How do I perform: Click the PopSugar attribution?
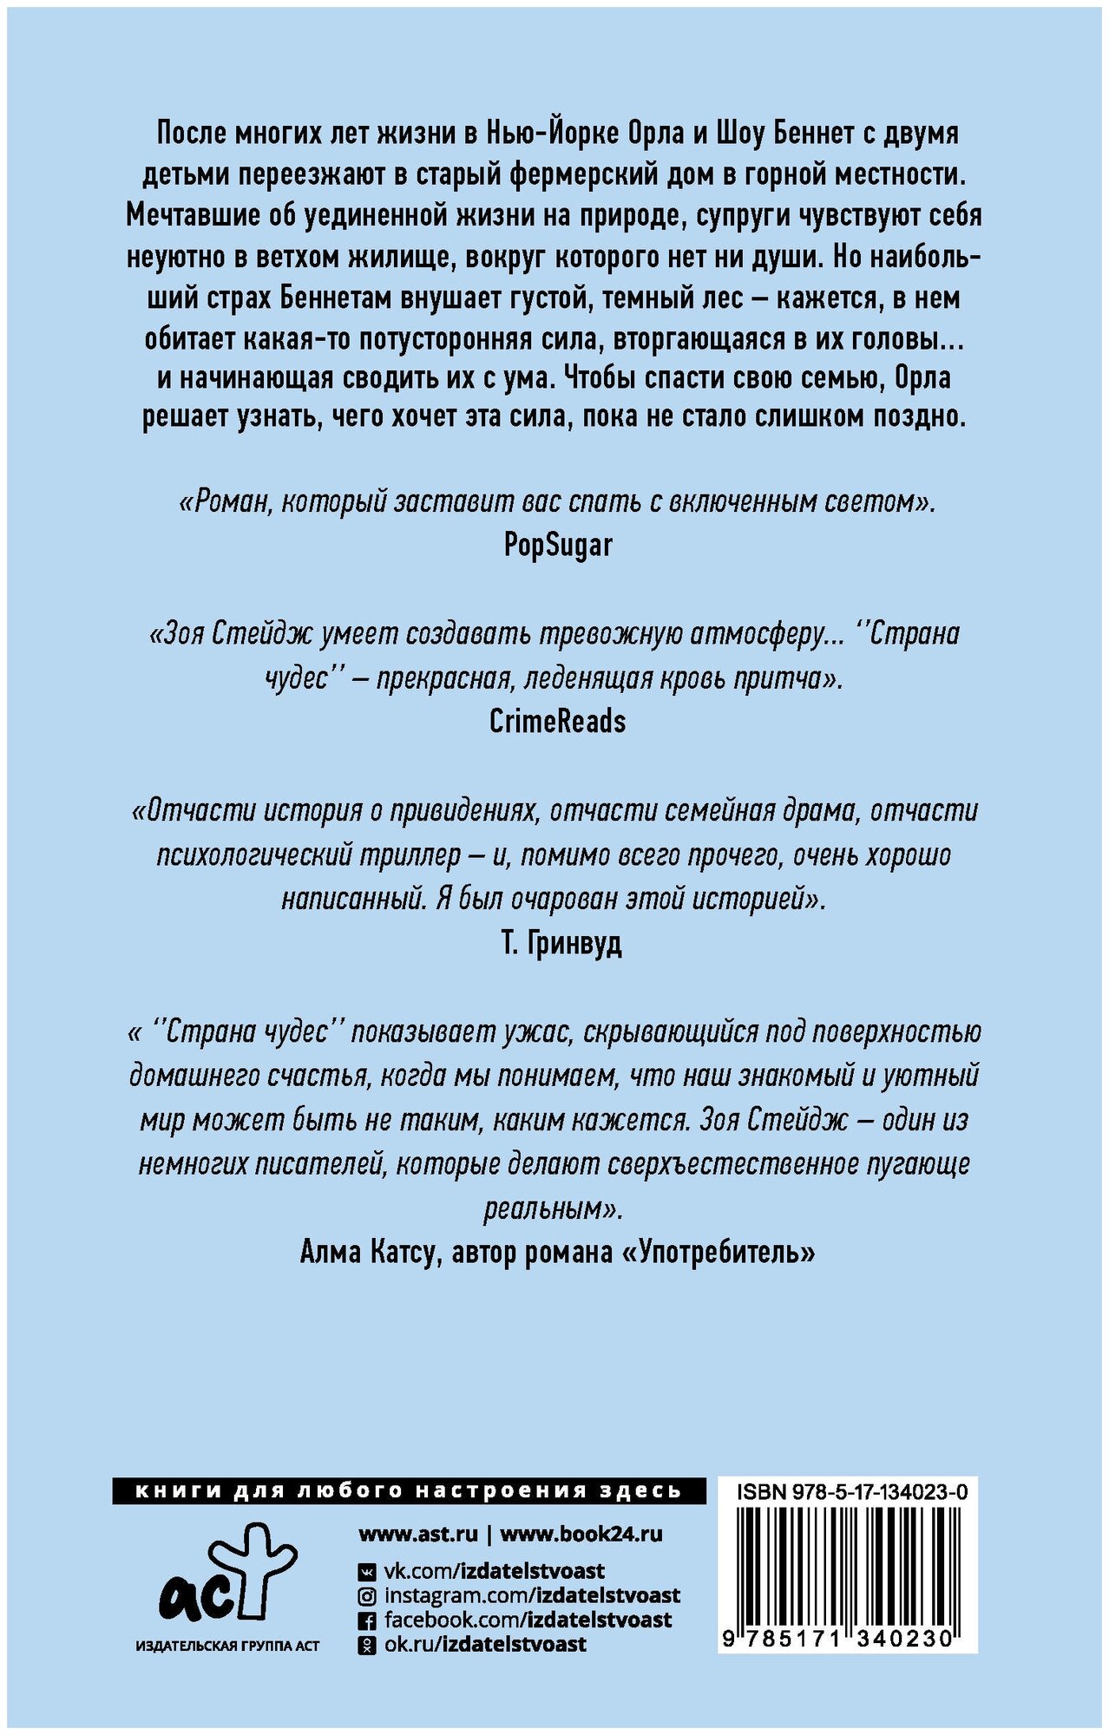pos(558,546)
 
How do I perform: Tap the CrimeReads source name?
pos(557,721)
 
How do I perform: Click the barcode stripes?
pos(846,1567)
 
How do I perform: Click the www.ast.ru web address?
pos(418,1534)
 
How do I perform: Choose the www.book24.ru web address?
pos(581,1534)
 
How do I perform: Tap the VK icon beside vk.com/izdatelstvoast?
pos(367,1571)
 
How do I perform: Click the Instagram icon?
pos(367,1595)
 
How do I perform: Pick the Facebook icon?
pos(367,1620)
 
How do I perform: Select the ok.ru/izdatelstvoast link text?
pos(485,1644)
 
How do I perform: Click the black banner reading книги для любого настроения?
pos(409,1491)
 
